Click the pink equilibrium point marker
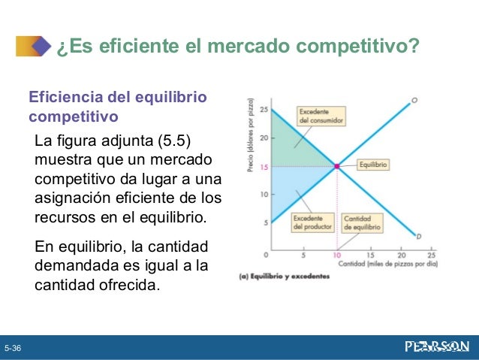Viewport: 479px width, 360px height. click(x=337, y=166)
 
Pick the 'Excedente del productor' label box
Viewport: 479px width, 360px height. click(x=312, y=222)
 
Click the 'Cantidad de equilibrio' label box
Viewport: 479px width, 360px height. click(x=361, y=222)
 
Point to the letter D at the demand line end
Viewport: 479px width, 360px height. click(x=418, y=237)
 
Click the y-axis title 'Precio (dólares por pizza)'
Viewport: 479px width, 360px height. click(x=251, y=135)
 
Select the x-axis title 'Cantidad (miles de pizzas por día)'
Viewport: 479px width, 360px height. click(x=388, y=265)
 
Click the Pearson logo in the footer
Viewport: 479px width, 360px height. click(x=436, y=346)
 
